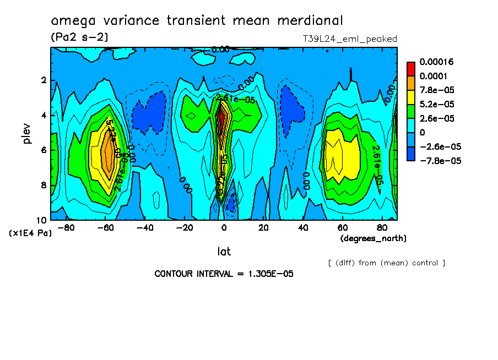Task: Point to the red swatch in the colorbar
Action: [x=410, y=68]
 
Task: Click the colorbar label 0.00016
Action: [x=437, y=61]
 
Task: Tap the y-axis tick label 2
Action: [x=43, y=81]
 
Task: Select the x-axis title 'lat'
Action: [x=224, y=252]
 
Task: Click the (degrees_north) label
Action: [x=373, y=238]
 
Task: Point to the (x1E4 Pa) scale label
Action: [x=30, y=233]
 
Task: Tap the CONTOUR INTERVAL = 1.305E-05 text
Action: [x=224, y=274]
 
